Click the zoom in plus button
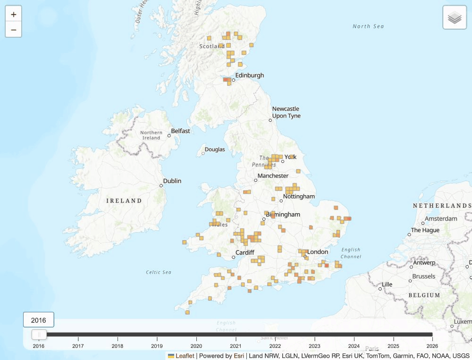(x=13, y=15)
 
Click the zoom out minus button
(x=13, y=30)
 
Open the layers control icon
(x=455, y=17)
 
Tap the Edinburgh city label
(x=250, y=75)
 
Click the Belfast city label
(x=180, y=131)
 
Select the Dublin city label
(x=172, y=181)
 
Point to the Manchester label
(x=273, y=176)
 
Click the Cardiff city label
(x=245, y=253)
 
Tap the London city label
(x=318, y=252)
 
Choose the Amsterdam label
(x=441, y=219)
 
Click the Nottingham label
(x=299, y=196)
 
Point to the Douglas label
(x=215, y=150)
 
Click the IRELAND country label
(x=124, y=201)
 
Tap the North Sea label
(x=368, y=26)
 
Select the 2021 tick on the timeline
(x=236, y=345)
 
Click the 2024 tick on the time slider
(x=354, y=345)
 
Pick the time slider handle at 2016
(x=39, y=335)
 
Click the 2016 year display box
(x=39, y=320)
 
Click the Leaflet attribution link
(x=185, y=356)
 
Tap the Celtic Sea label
(x=159, y=272)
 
